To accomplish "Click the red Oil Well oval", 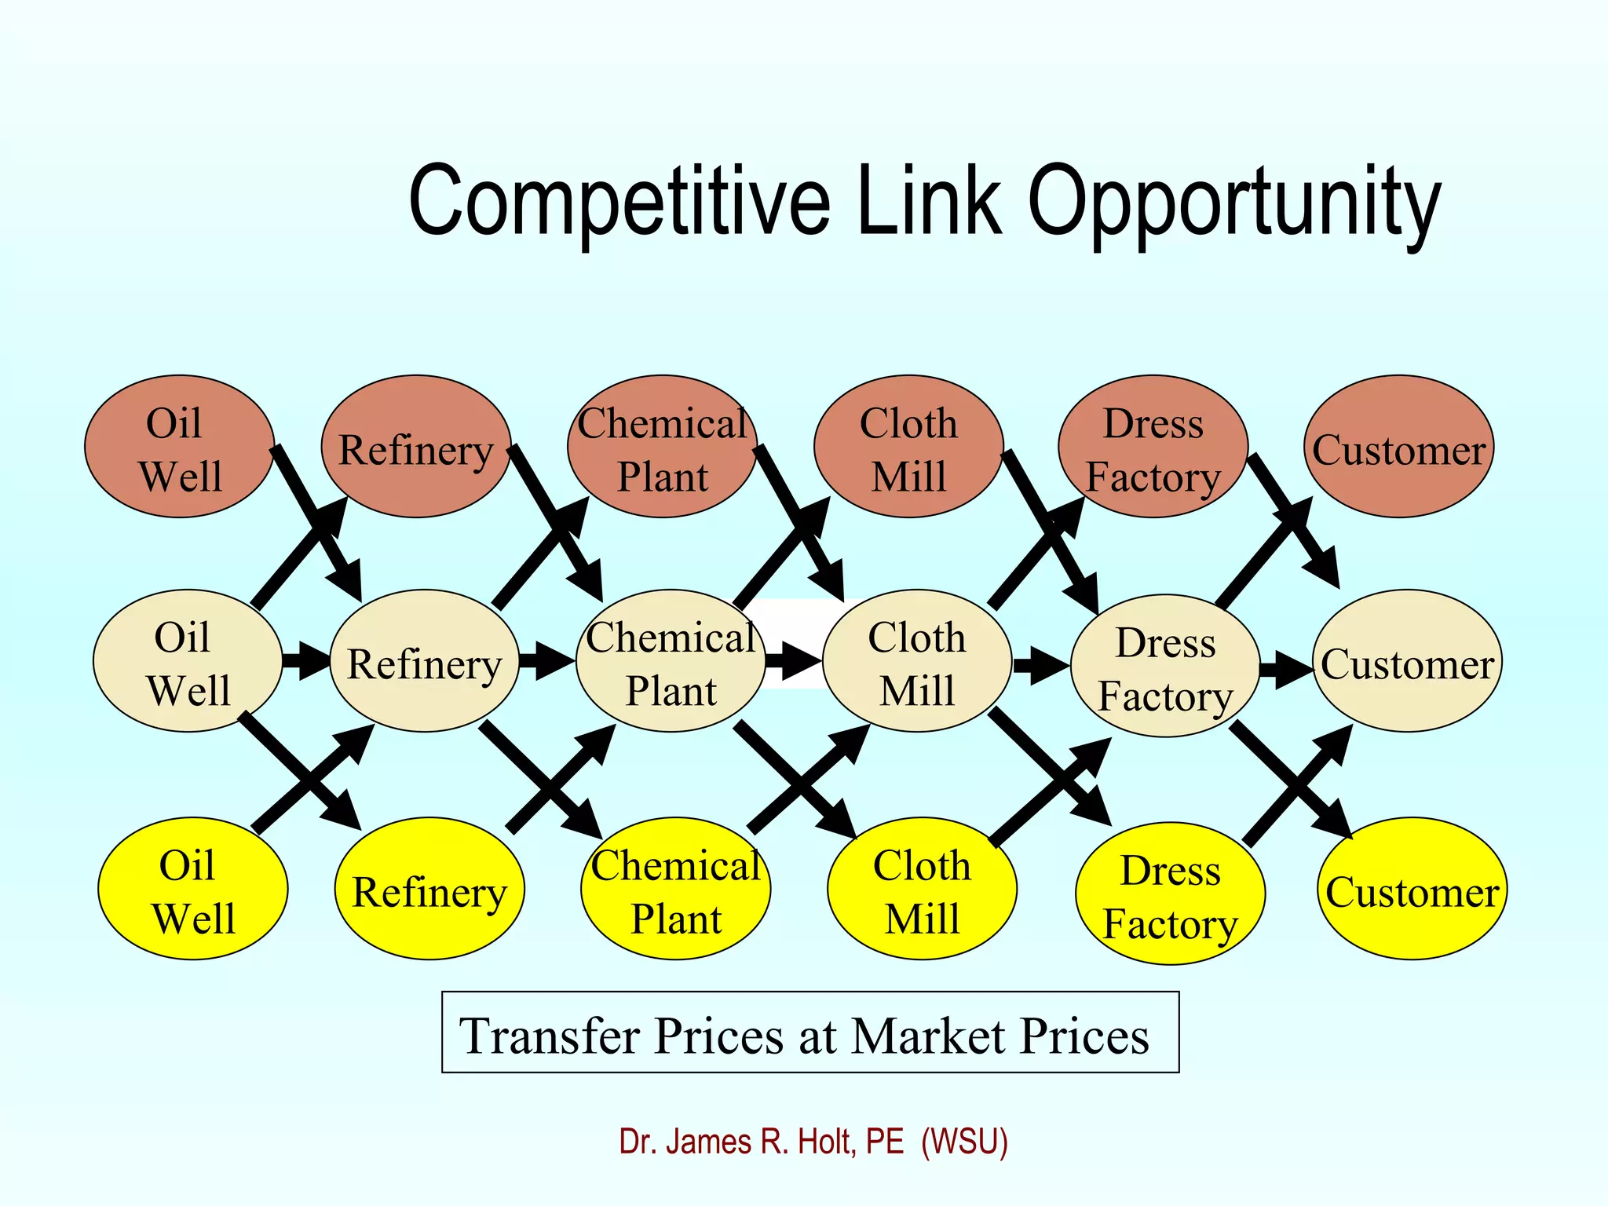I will point(179,446).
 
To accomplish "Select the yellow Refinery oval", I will point(429,888).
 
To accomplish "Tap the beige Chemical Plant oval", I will point(671,661).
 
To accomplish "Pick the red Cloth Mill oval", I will point(908,446).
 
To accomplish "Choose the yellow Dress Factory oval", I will point(1170,894).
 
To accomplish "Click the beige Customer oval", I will point(1407,661).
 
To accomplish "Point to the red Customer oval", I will point(1399,446).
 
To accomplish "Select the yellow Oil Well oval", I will point(192,888).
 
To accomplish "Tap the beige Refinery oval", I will point(424,661).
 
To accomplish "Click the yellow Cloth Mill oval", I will point(922,888).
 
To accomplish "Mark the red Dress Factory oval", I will point(1153,446).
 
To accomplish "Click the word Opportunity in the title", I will point(1234,203).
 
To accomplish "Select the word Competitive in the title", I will point(619,203).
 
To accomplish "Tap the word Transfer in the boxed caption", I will point(550,1036).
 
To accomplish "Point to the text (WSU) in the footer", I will point(964,1142).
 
